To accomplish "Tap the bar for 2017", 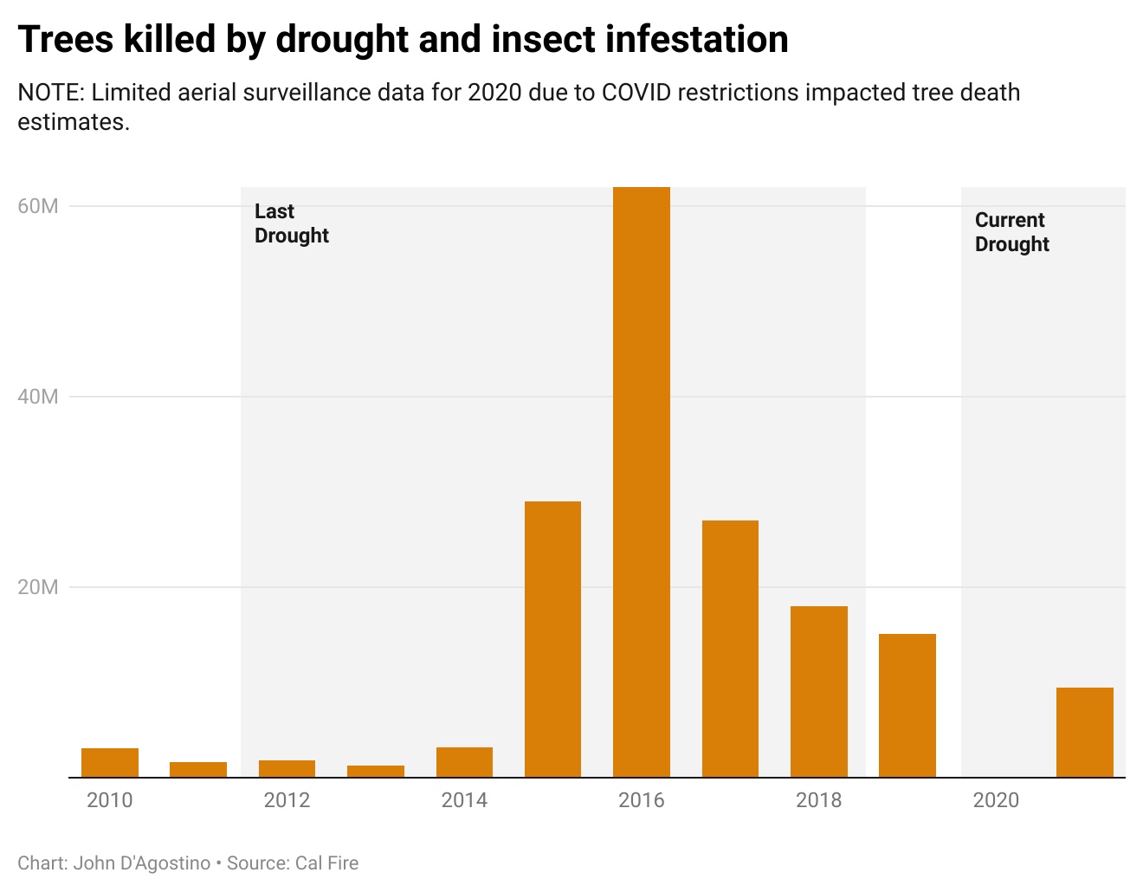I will (730, 649).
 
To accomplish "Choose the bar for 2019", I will (907, 705).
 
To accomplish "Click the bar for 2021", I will (1084, 732).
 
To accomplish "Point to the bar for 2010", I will (110, 762).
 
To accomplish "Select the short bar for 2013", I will (376, 771).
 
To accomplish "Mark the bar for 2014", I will (464, 762).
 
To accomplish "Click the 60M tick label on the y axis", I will (38, 206).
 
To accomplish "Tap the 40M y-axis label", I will (38, 397).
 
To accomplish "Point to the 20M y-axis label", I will (38, 587).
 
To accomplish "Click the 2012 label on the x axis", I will (287, 800).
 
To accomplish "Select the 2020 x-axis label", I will (996, 800).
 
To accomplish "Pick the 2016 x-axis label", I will (641, 800).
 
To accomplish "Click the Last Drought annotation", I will (291, 223).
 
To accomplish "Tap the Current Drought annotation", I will (1011, 232).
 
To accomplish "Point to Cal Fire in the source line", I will (326, 863).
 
